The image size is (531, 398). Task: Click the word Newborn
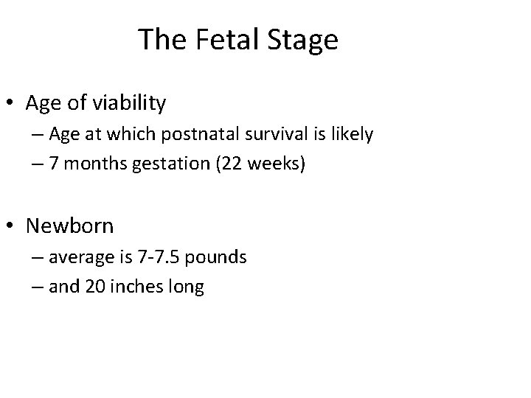(69, 226)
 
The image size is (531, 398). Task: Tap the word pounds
(218, 257)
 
